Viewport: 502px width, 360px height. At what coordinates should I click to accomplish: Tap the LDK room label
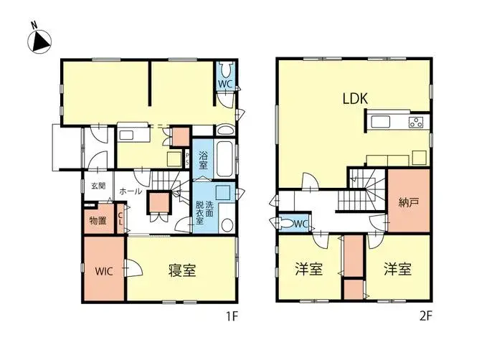pos(354,99)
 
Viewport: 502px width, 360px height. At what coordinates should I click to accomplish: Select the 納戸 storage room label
pos(409,202)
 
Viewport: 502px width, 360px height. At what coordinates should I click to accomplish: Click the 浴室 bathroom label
pos(204,159)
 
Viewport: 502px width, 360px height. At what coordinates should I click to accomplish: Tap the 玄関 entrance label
pos(98,185)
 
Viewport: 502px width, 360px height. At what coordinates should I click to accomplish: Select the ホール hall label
pos(130,192)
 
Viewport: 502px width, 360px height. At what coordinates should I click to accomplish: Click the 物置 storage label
pos(98,220)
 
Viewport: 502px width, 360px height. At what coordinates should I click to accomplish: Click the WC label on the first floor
pos(224,84)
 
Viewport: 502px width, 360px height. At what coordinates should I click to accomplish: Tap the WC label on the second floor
pos(300,224)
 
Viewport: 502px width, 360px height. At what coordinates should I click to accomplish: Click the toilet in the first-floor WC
pos(226,70)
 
